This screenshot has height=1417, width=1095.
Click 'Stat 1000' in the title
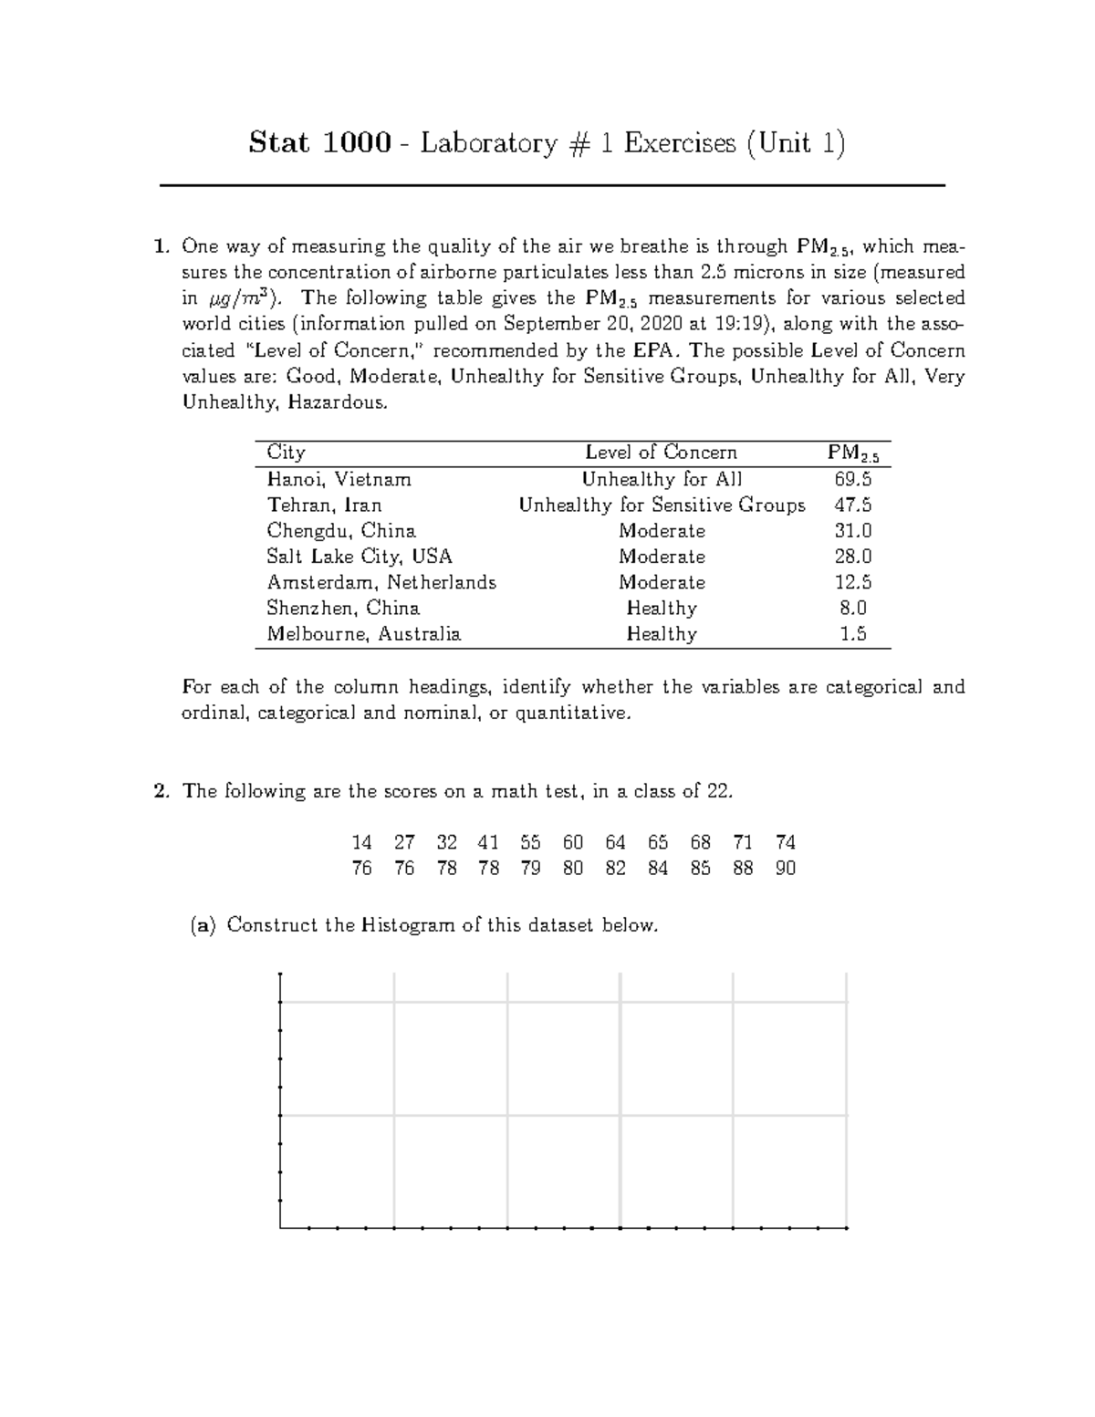[320, 143]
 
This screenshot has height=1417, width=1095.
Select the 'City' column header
[286, 453]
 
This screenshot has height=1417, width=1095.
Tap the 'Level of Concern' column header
[661, 453]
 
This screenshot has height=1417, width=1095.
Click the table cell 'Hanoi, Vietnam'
[339, 479]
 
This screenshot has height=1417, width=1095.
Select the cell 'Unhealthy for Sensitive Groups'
[662, 505]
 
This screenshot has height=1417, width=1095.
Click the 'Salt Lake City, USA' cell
[359, 557]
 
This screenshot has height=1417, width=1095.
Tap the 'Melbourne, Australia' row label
[363, 634]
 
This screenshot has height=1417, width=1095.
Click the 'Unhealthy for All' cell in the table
[662, 479]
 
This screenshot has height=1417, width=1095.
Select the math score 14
[361, 842]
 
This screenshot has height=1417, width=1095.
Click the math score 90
[785, 869]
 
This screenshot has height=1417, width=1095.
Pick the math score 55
[530, 842]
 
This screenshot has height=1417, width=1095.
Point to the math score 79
[530, 869]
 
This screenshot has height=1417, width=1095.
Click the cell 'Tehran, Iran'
[324, 505]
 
